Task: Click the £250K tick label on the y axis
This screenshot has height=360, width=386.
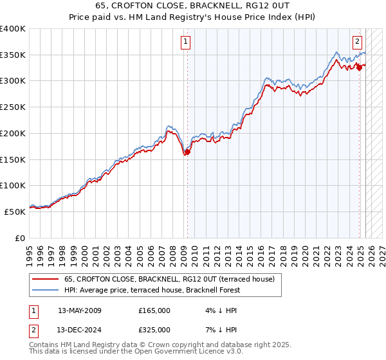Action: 12,107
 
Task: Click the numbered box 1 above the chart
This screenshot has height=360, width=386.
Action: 185,42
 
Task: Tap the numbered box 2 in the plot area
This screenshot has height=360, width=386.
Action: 357,42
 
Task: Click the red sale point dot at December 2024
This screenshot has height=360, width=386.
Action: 359,68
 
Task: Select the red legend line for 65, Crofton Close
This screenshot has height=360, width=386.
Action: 46,279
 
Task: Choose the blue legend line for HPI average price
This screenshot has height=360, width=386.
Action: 46,290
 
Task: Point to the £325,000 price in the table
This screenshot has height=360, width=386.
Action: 154,330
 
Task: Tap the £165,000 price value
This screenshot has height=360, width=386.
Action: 154,310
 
